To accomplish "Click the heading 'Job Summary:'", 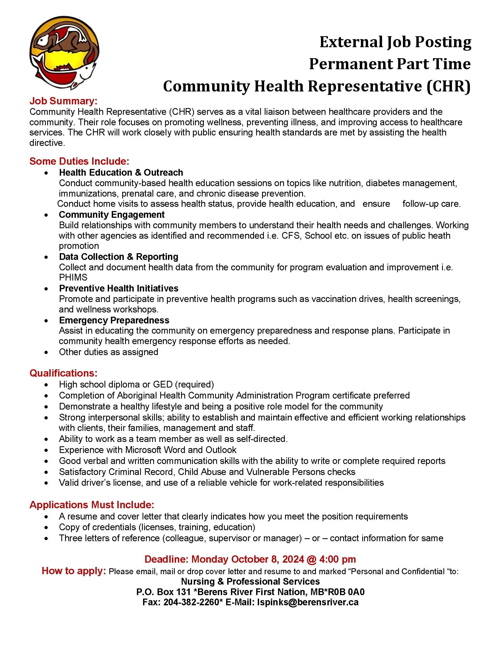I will (x=63, y=101).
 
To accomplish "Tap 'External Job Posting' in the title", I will (x=395, y=42).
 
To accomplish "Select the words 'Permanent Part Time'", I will (x=390, y=64).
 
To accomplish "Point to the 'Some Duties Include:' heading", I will (x=79, y=161).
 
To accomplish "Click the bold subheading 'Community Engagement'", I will (x=112, y=215).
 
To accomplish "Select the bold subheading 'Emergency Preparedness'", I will (x=114, y=320).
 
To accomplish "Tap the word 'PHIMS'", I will (x=73, y=278).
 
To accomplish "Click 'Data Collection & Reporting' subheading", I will (x=118, y=257).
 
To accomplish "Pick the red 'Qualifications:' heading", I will (x=63, y=373).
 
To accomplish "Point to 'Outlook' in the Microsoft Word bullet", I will (x=221, y=450).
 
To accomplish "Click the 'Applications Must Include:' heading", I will (x=92, y=505).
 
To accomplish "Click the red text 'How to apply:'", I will (x=74, y=571).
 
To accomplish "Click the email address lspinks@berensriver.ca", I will (x=308, y=602).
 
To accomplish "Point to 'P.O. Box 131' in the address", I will (x=163, y=592).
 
